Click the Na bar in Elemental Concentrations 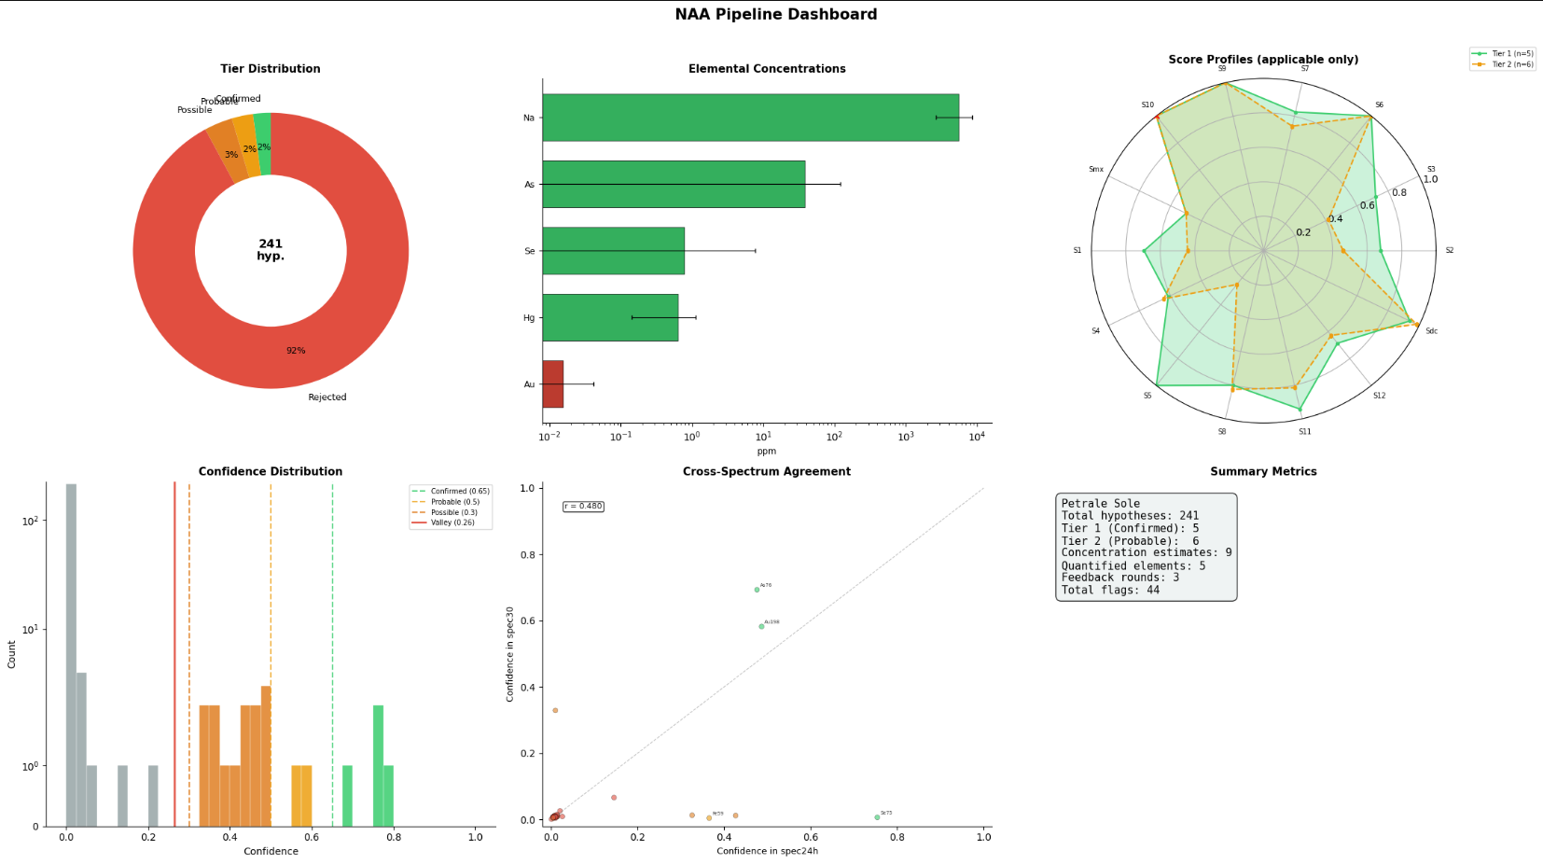pos(750,118)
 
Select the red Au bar pos(552,383)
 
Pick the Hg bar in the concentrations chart pos(610,317)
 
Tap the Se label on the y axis pos(529,251)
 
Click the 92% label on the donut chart pos(296,351)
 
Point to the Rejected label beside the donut pos(327,397)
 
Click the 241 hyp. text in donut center pos(271,249)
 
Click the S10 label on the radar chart pos(1147,105)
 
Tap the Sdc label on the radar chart pos(1431,331)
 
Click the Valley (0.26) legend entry pos(452,523)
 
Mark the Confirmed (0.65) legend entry pos(459,491)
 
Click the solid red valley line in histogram pos(174,653)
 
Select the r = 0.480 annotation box pos(583,507)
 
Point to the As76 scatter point pos(757,590)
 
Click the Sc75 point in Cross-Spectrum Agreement pos(877,817)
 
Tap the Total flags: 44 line pos(1110,590)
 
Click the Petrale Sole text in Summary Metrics pos(1100,504)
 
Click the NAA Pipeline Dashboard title pos(775,14)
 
